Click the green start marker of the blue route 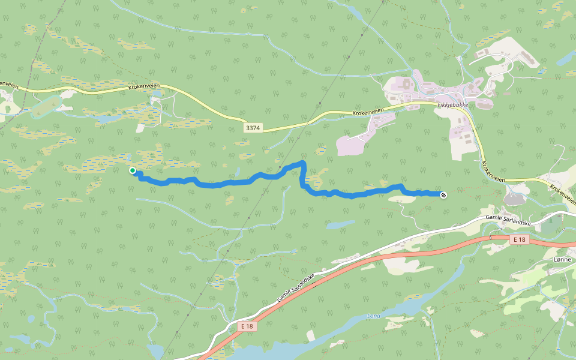[x=133, y=171]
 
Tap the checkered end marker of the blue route [x=443, y=194]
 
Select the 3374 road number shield [x=253, y=128]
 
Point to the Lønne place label [x=563, y=259]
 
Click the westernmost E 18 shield [x=247, y=326]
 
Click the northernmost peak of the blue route [x=303, y=163]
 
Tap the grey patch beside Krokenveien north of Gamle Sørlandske [x=514, y=198]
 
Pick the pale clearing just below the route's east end [x=404, y=200]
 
